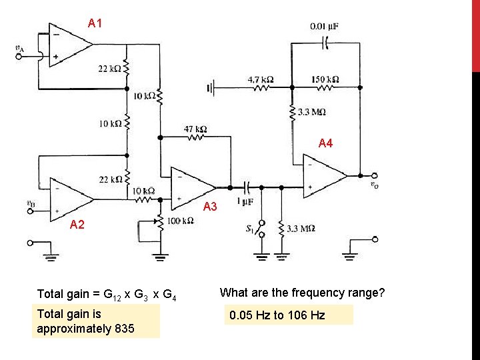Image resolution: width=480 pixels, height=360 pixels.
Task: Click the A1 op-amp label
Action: click(95, 24)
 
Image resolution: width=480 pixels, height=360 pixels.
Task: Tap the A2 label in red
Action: click(78, 225)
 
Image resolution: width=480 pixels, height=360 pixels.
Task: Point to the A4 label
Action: click(325, 143)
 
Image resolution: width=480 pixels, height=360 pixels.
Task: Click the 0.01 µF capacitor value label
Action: click(324, 27)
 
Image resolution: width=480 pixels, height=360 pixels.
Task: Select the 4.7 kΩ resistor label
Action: click(261, 79)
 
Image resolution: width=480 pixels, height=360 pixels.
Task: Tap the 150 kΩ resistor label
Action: click(325, 79)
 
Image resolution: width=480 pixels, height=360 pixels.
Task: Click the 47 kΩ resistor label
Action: click(195, 129)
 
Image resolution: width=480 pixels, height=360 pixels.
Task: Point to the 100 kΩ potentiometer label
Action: click(180, 221)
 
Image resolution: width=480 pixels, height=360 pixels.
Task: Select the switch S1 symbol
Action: click(261, 230)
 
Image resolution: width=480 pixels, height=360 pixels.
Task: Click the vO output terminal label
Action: click(376, 185)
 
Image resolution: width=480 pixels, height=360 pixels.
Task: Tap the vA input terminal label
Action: click(21, 47)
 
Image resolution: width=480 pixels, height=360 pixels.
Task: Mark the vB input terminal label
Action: click(30, 203)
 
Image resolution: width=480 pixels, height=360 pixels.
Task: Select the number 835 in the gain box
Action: click(123, 329)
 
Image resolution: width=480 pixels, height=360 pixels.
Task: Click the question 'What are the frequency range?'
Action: click(302, 293)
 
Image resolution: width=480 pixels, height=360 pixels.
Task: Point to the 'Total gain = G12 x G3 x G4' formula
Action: click(106, 294)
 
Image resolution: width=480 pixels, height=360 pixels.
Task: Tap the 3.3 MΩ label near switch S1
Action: click(301, 229)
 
